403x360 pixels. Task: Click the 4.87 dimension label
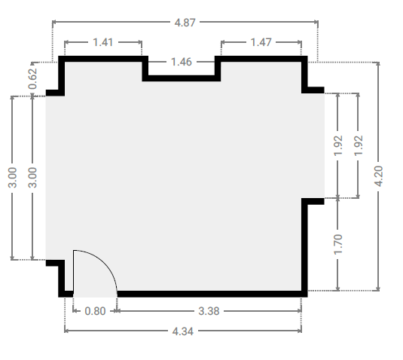click(x=185, y=23)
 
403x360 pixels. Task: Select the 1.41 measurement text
click(x=102, y=42)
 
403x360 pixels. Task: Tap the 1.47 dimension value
click(x=261, y=42)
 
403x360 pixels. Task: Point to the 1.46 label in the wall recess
click(x=182, y=62)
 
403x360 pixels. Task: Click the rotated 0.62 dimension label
click(x=32, y=79)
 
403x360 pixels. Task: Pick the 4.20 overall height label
click(x=379, y=176)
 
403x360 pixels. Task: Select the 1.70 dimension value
click(x=338, y=244)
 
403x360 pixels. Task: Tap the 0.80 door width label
click(x=95, y=311)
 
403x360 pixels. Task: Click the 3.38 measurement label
click(x=209, y=311)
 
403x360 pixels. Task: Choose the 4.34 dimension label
click(x=182, y=331)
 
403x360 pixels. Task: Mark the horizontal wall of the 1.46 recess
click(x=182, y=78)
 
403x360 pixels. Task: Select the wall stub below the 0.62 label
click(x=55, y=93)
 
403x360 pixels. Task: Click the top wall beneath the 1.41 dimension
click(x=103, y=59)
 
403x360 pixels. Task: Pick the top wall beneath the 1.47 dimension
click(x=261, y=59)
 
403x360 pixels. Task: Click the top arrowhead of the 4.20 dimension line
click(x=378, y=64)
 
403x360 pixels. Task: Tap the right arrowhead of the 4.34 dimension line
click(x=300, y=331)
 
